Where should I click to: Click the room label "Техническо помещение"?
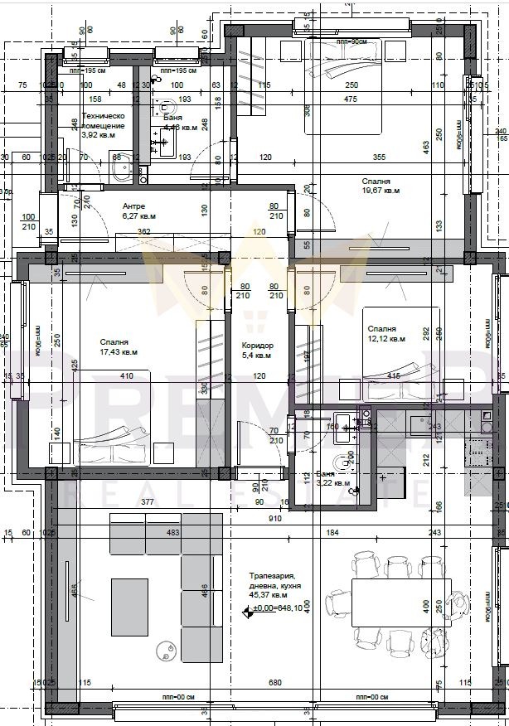[103, 122]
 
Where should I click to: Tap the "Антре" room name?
[133, 206]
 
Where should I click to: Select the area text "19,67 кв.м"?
[381, 190]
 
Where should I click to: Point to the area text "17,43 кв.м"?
[119, 351]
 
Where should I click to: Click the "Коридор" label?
[257, 346]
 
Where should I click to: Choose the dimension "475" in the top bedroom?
[350, 99]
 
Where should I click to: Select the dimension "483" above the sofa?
[172, 532]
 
